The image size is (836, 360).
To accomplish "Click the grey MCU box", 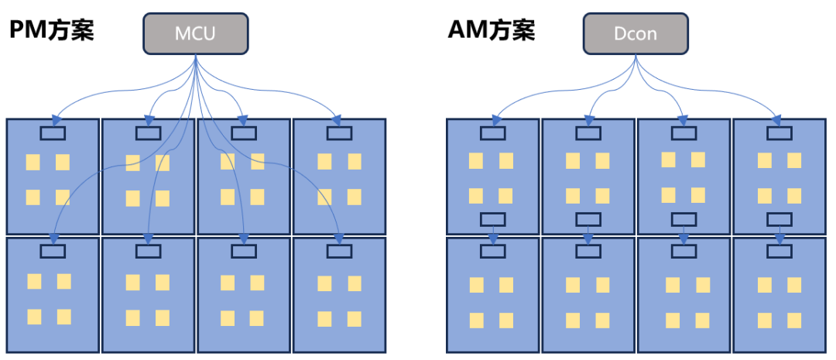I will coord(196,35).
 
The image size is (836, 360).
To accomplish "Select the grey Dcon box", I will coord(635,35).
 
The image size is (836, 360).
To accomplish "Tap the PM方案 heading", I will coord(51,31).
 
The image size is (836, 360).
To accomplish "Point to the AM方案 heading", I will coord(491,31).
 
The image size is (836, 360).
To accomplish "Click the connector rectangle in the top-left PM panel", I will coord(53,133).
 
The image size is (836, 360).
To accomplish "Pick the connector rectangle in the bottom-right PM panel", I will coord(339,251).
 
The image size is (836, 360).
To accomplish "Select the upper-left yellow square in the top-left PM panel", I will coord(33,163).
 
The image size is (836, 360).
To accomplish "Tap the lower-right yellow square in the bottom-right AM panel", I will coord(794,320).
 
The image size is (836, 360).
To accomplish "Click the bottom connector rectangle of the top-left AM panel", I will coord(493,219).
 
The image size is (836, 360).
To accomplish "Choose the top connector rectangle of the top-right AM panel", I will coord(779,133).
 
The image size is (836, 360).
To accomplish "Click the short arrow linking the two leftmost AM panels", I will coord(493,234).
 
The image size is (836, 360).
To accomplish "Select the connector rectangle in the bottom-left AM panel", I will coord(493,251).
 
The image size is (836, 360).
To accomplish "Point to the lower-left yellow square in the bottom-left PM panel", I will coord(34,316).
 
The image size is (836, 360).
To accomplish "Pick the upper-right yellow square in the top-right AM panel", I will coord(794,160).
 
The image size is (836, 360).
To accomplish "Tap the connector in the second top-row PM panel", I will coord(148,133).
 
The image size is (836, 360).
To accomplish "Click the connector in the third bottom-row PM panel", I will coord(243,251).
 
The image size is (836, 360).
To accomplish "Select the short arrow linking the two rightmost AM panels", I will coord(779,234).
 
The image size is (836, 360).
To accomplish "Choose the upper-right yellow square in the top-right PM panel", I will coord(355,161).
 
